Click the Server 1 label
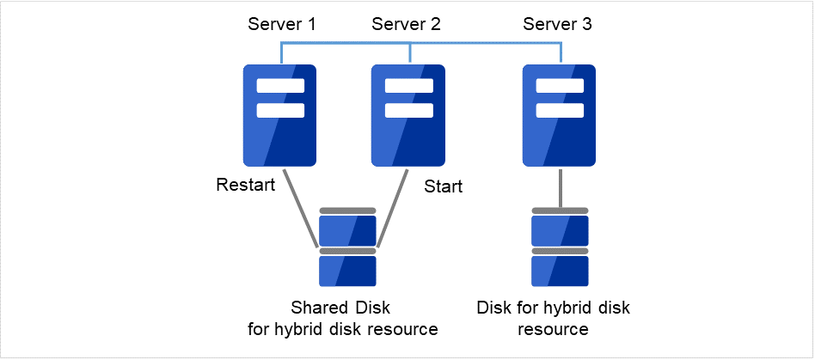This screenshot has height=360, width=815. (282, 24)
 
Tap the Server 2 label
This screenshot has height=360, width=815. (406, 24)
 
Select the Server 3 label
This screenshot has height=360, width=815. (557, 24)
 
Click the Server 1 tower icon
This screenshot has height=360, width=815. (280, 116)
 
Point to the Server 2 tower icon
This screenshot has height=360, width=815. (409, 116)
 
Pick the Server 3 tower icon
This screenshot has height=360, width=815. (561, 116)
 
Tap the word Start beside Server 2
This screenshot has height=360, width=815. (444, 186)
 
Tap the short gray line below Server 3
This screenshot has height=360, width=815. (561, 186)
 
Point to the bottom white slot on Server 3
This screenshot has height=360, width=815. (561, 110)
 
